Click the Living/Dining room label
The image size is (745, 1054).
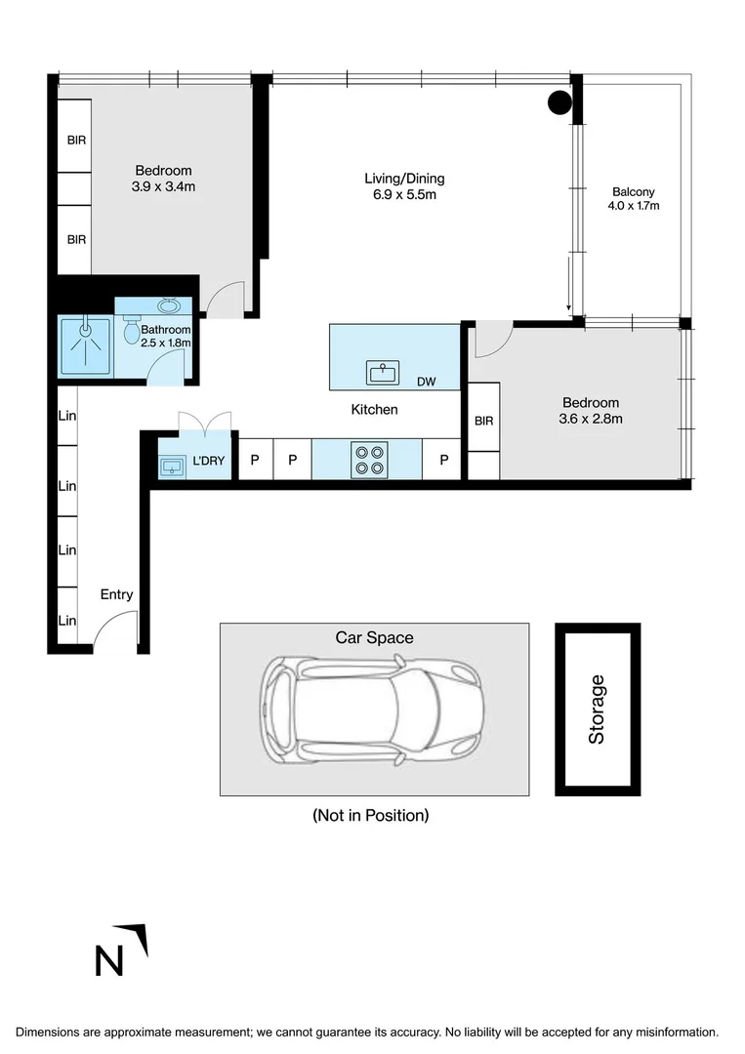(404, 179)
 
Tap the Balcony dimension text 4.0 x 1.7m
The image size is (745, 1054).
(634, 206)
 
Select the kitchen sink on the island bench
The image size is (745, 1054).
(383, 372)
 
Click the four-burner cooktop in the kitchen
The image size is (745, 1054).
(370, 459)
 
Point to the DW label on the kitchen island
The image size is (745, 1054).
(426, 382)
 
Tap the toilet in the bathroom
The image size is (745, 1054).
(131, 332)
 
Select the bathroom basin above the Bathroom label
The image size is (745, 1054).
(167, 305)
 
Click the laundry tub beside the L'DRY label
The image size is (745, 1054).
(172, 466)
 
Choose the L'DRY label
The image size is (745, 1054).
(208, 460)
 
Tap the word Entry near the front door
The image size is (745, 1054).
(116, 594)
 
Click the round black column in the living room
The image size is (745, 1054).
(559, 101)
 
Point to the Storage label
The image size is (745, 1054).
(597, 709)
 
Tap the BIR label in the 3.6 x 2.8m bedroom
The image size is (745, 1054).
(483, 421)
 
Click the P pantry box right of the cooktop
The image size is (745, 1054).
(443, 460)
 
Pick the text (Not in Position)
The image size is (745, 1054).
(370, 815)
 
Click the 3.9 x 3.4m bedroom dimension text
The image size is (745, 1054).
(164, 186)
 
